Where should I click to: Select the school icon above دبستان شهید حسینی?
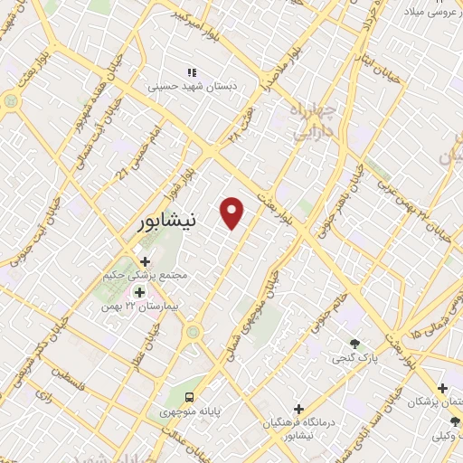[x=191, y=72]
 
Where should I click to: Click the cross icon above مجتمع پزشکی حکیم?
[x=145, y=261]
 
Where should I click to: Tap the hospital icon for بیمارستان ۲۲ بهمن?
[x=139, y=292]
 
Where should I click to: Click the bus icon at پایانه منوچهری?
[x=189, y=397]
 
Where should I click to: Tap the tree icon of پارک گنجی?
[x=354, y=344]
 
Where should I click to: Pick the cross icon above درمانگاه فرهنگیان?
[x=299, y=409]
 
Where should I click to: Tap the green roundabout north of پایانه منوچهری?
[x=192, y=333]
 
